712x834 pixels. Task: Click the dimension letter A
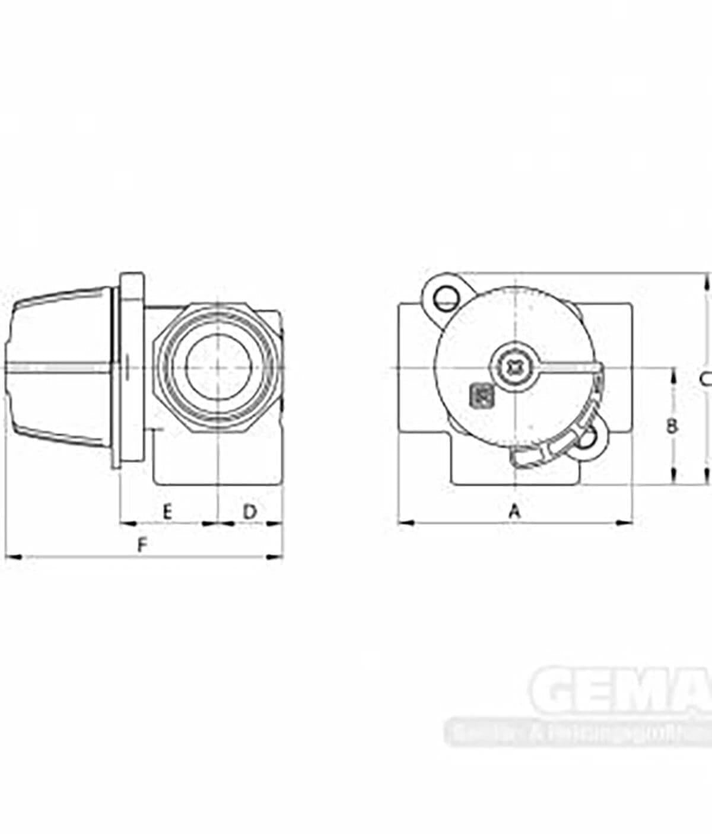coord(515,510)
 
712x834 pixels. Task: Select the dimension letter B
coord(672,426)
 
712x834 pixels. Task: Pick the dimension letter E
coord(167,510)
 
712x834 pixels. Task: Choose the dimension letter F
coord(141,544)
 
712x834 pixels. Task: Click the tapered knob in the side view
coord(59,368)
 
